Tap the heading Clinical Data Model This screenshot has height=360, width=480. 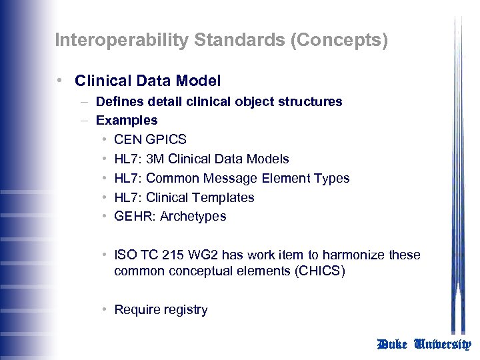click(147, 81)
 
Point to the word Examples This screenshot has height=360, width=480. click(127, 121)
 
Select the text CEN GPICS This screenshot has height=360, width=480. click(150, 140)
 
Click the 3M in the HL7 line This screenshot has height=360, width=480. click(155, 159)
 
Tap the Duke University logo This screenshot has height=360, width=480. click(424, 345)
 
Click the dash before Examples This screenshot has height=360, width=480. click(85, 121)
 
